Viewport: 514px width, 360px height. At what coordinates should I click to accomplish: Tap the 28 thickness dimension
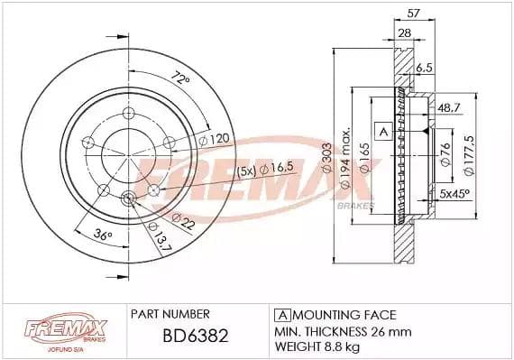click(x=405, y=34)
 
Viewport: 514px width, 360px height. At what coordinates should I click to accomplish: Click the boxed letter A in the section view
click(x=381, y=132)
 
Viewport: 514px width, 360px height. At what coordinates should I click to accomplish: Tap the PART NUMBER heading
click(x=170, y=314)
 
